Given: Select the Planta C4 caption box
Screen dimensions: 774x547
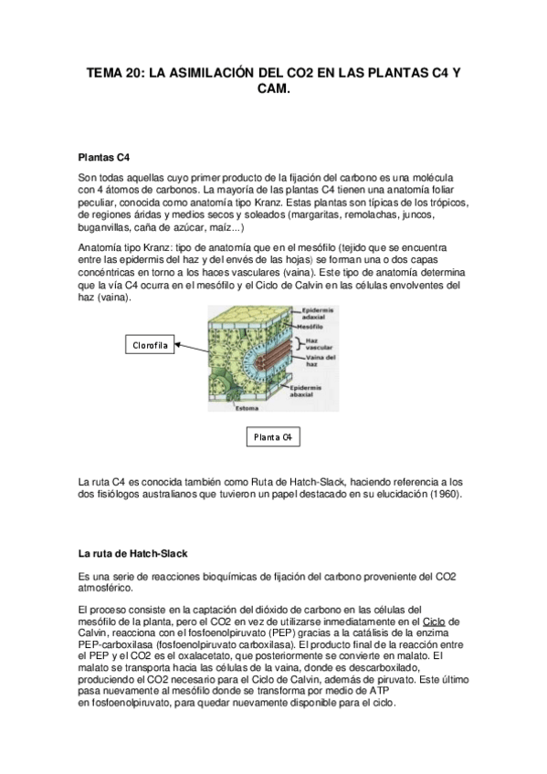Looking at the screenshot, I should point(273,438).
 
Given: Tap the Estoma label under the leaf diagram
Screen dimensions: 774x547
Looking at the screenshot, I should point(249,408).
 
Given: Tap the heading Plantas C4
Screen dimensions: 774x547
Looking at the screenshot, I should point(105,156).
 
